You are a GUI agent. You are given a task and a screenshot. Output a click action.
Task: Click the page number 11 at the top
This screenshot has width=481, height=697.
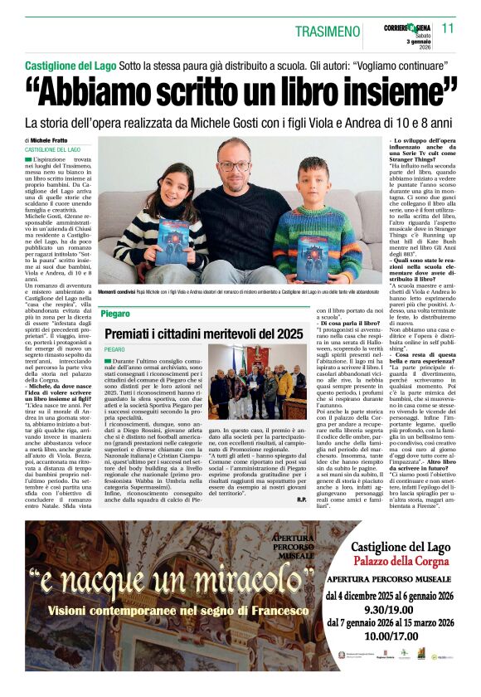(x=448, y=28)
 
